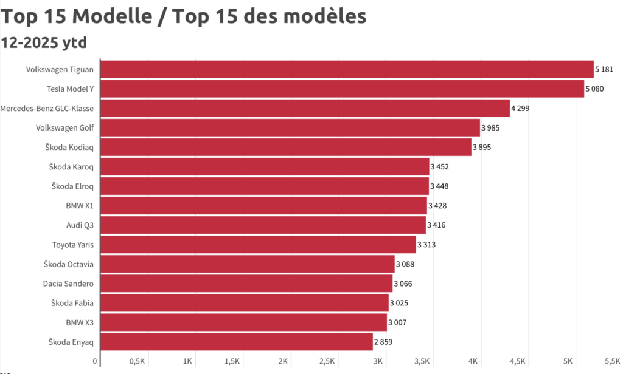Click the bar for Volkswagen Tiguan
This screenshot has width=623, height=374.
[x=347, y=69]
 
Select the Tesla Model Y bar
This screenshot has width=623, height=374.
[x=342, y=89]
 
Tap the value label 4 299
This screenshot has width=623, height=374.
[x=522, y=108]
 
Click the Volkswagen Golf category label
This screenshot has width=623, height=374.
[x=64, y=127]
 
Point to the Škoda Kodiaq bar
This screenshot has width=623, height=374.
[x=285, y=147]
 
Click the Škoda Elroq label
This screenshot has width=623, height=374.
[x=72, y=186]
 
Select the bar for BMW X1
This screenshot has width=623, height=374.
[x=263, y=205]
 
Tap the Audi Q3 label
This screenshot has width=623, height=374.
[x=80, y=225]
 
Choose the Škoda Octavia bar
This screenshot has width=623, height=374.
[x=247, y=263]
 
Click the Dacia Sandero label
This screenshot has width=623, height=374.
[x=68, y=283]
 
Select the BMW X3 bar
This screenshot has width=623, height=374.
[x=243, y=322]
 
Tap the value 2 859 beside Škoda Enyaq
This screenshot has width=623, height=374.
[x=383, y=341]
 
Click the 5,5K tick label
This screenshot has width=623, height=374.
[x=611, y=361]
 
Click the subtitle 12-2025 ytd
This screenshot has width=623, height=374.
[x=44, y=42]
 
